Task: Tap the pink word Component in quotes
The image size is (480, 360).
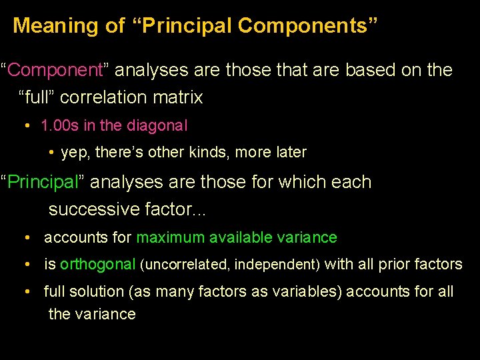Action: [x=55, y=70]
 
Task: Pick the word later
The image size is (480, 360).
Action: [x=289, y=153]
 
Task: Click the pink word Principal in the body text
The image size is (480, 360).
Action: [x=47, y=182]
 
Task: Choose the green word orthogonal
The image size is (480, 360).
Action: [x=97, y=265]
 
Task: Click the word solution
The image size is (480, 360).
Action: [x=92, y=292]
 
